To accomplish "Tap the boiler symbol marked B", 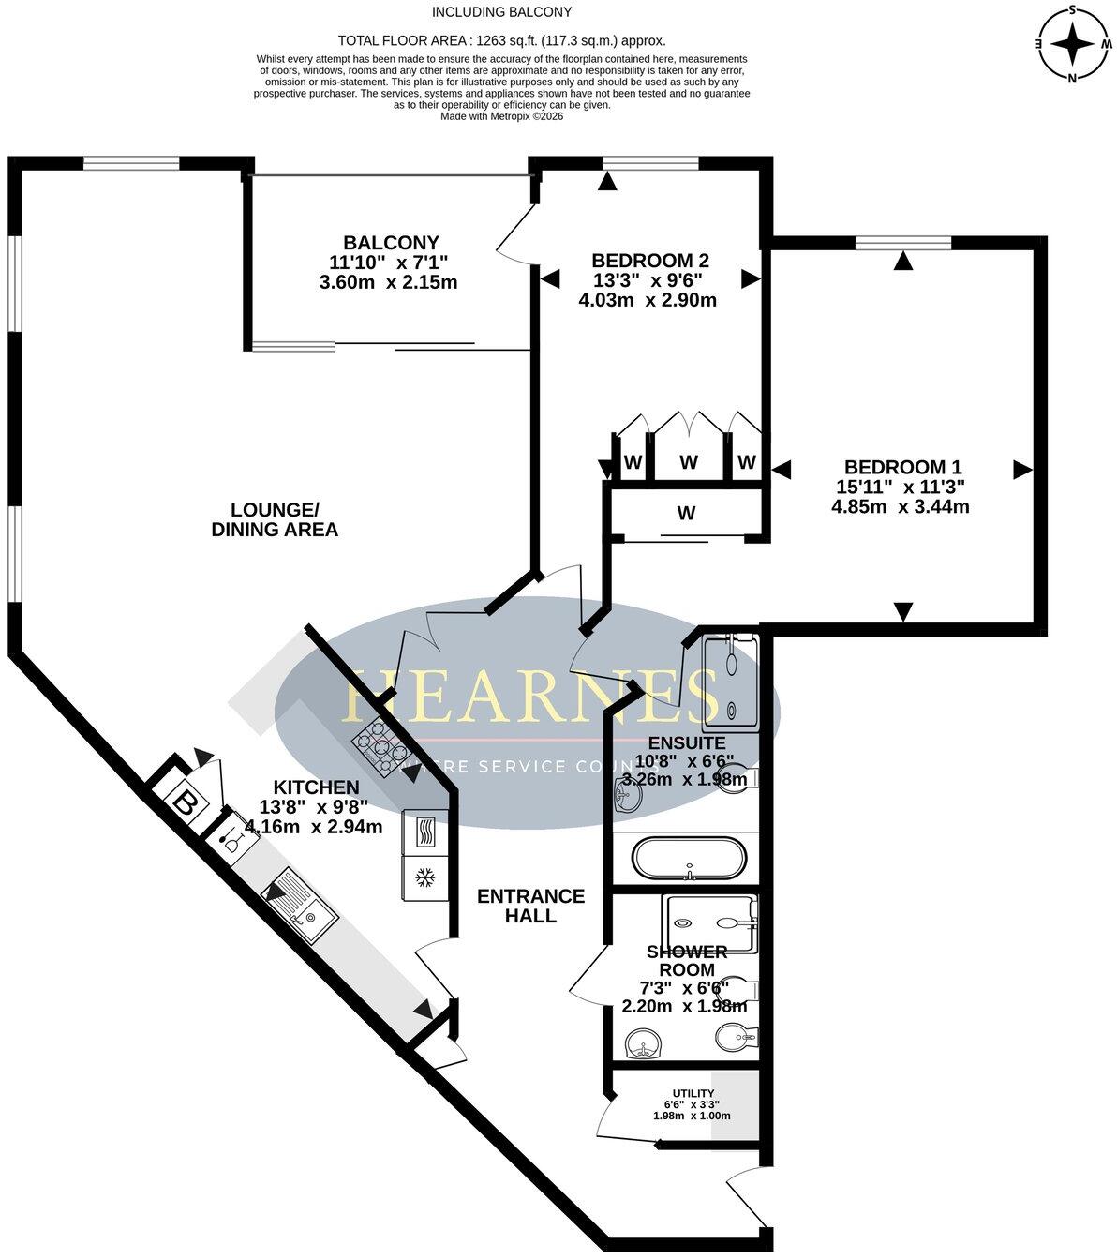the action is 186,804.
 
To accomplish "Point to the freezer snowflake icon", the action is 424,878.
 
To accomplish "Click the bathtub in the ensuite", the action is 689,858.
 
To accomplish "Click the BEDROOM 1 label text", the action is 902,467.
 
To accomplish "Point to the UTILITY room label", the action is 693,1093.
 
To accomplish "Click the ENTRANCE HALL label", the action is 530,906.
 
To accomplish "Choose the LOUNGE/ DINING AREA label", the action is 275,519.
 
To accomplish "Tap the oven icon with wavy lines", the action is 424,831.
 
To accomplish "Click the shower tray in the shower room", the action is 708,920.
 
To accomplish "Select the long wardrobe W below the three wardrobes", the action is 687,513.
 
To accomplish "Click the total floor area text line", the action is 501,40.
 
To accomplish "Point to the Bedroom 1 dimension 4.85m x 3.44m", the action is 900,507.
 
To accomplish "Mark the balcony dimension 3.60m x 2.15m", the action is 388,281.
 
